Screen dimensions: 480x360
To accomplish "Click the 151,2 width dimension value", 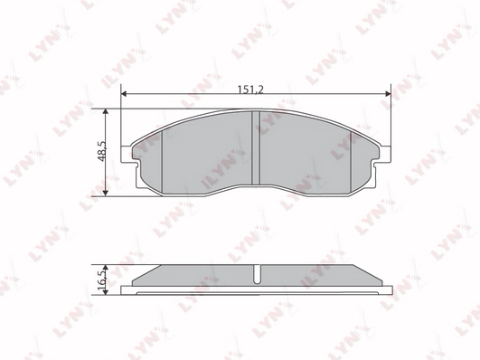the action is tap(250, 90).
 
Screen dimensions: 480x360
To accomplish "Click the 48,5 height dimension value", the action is tap(102, 151).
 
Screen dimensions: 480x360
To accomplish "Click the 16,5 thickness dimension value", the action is tap(102, 276).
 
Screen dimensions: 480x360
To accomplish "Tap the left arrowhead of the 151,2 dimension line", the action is tap(124, 94).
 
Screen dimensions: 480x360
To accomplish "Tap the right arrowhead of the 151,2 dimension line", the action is tap(388, 94).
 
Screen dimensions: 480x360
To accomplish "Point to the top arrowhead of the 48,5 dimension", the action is tap(105, 111).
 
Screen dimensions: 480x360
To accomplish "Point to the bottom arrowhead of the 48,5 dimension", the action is tap(105, 193).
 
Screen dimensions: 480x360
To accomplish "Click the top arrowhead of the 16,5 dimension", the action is tap(105, 268).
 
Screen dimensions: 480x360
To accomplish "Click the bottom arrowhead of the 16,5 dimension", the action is tap(105, 292).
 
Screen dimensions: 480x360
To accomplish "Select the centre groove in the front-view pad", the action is tap(255, 147).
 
